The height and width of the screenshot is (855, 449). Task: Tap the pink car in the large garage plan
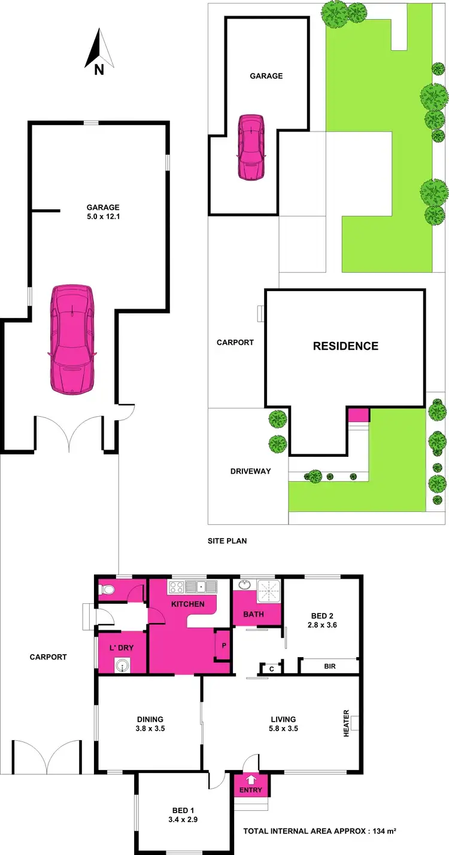72,339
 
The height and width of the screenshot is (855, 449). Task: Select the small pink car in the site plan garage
251,147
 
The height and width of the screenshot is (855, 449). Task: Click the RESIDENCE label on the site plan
345,346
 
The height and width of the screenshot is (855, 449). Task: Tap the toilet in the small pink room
108,590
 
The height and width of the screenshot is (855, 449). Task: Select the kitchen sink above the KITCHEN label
195,587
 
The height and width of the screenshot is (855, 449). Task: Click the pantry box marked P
222,646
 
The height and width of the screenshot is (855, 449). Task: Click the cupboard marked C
271,669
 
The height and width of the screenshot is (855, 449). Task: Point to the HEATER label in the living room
346,723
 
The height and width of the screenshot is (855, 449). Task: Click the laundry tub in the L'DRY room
123,664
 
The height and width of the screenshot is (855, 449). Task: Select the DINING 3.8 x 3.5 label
149,724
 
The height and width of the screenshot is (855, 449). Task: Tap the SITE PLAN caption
227,541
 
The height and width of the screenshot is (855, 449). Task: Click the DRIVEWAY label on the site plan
250,471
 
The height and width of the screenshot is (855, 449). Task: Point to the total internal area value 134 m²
384,832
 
